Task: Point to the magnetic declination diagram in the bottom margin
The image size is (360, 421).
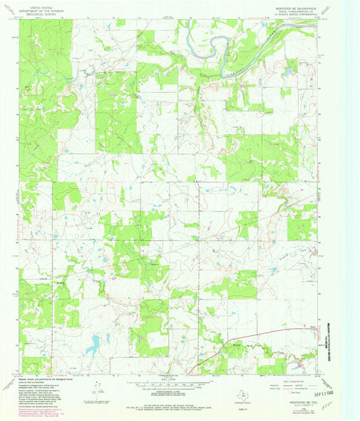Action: (99, 387)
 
